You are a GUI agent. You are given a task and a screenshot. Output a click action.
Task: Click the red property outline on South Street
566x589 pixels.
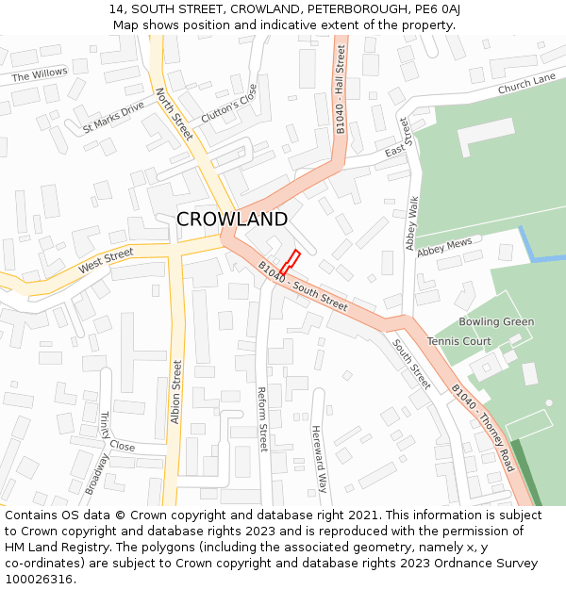pyautogui.click(x=290, y=263)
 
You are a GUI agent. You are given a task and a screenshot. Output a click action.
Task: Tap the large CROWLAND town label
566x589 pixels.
pyautogui.click(x=232, y=220)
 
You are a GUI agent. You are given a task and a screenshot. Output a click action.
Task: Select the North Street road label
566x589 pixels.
pyautogui.click(x=175, y=114)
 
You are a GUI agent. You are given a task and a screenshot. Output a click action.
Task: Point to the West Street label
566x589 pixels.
pyautogui.click(x=107, y=261)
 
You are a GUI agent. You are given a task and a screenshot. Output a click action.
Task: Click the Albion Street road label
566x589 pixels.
pyautogui.click(x=175, y=392)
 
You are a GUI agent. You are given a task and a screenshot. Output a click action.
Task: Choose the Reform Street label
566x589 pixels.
pyautogui.click(x=263, y=418)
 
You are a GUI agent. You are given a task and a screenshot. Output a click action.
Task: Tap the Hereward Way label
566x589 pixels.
pyautogui.click(x=321, y=458)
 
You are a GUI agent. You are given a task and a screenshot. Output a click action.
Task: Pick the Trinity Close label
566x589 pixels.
pyautogui.click(x=118, y=433)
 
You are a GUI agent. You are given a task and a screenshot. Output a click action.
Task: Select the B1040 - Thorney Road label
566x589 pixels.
pyautogui.click(x=482, y=429)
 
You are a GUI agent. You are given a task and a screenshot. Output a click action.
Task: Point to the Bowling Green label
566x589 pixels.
pyautogui.click(x=496, y=322)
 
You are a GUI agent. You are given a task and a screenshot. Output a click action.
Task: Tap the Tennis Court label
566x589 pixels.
pyautogui.click(x=459, y=341)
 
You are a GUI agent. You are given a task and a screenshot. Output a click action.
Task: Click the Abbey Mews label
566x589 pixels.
pyautogui.click(x=444, y=247)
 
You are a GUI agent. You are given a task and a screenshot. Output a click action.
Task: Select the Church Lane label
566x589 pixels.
pyautogui.click(x=526, y=86)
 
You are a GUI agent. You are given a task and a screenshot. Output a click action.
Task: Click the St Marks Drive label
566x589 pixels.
pyautogui.click(x=113, y=116)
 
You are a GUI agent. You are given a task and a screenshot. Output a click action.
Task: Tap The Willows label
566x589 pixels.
pyautogui.click(x=40, y=74)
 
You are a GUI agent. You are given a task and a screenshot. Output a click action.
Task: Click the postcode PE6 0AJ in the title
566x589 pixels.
pyautogui.click(x=435, y=8)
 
